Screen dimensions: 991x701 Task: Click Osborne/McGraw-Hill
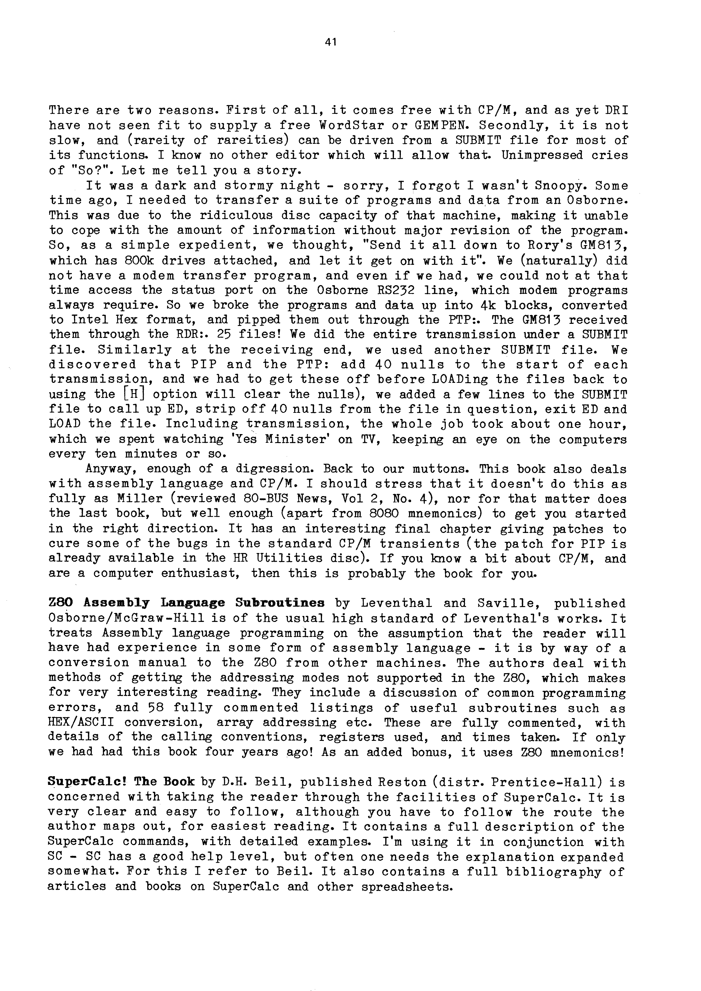point(126,618)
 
